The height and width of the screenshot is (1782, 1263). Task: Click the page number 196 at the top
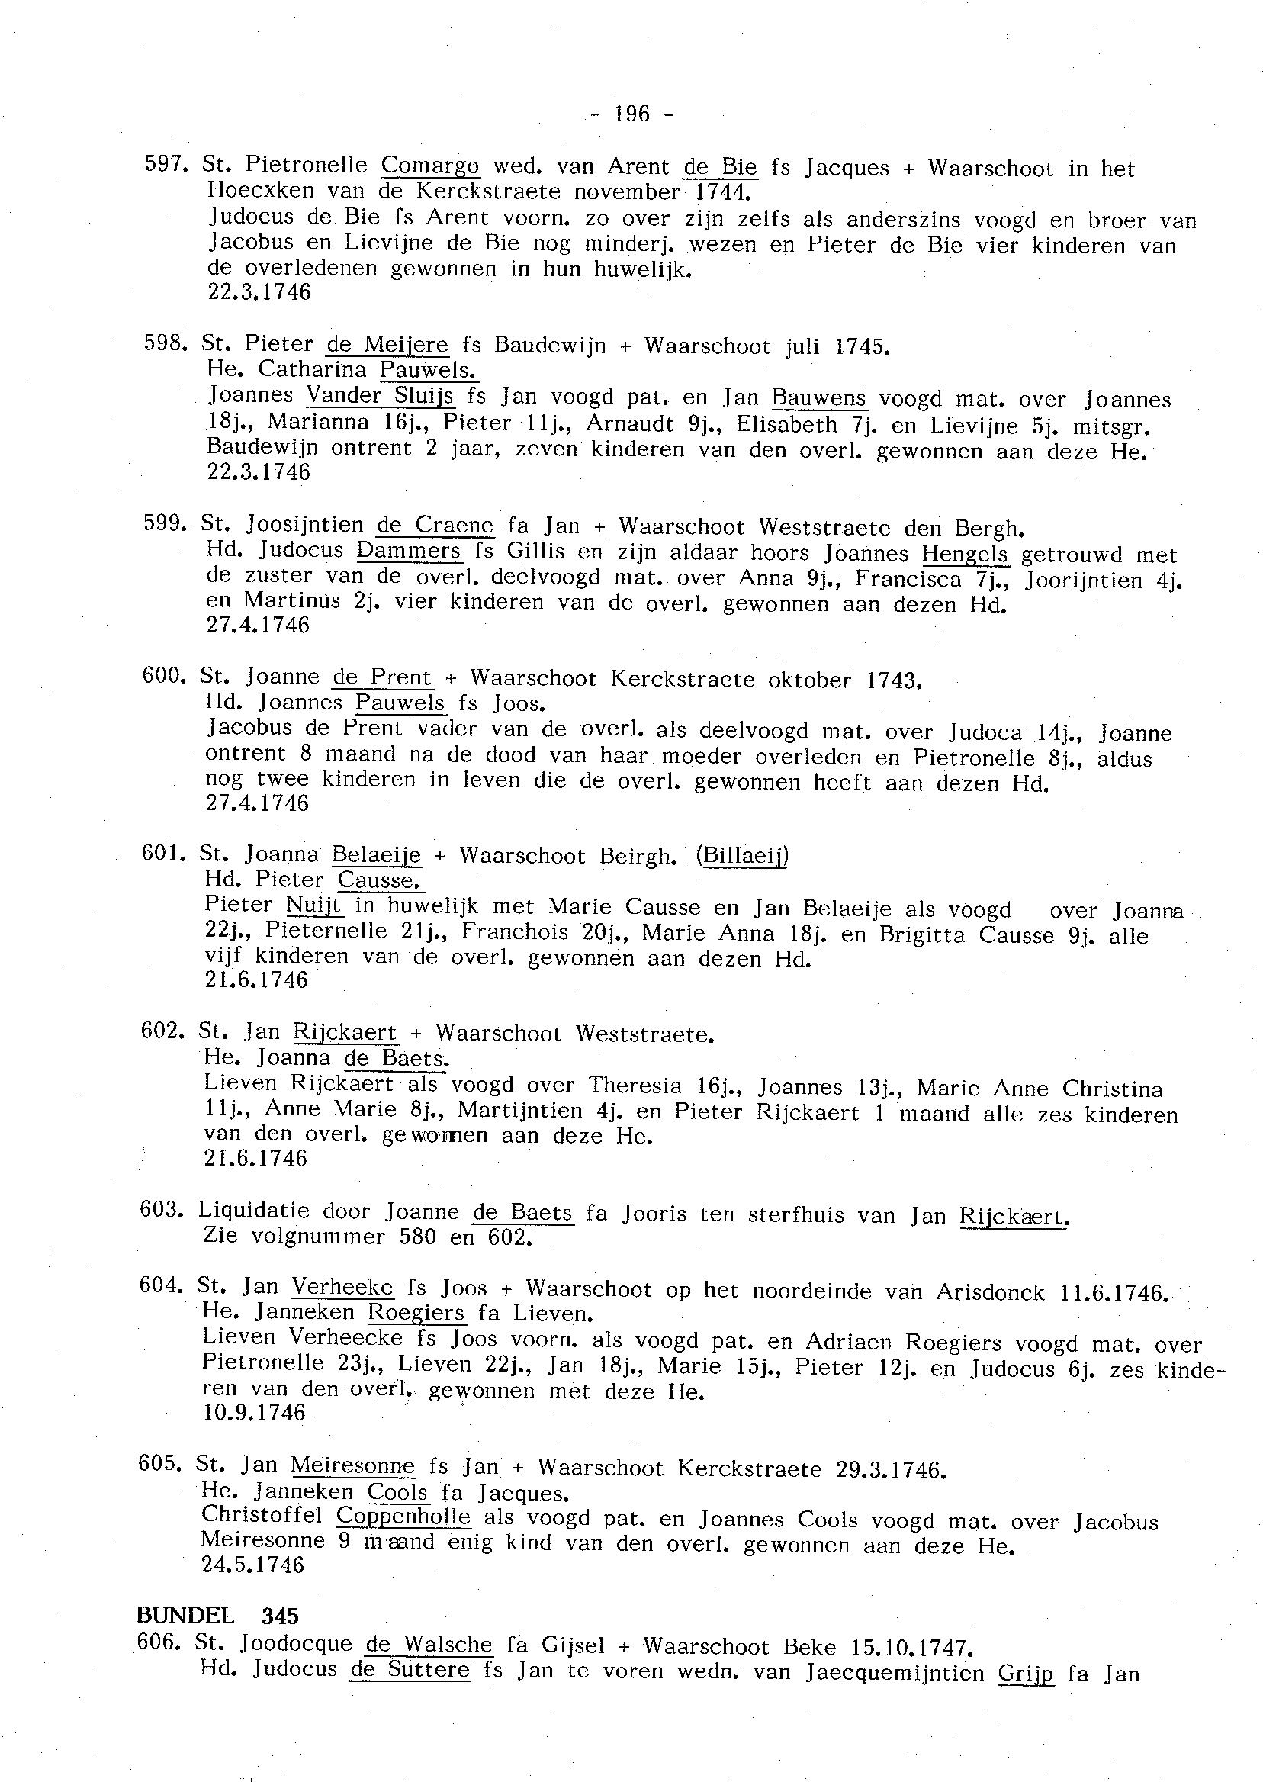(x=631, y=114)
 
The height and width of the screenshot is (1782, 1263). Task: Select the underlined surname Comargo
(x=430, y=165)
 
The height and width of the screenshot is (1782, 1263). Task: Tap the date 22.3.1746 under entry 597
(x=259, y=292)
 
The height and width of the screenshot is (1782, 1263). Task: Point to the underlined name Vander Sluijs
(x=380, y=396)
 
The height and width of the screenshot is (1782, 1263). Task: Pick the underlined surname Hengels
(x=965, y=555)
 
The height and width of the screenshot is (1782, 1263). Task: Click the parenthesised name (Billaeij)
(x=742, y=856)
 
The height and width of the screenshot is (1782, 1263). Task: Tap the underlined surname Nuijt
(x=314, y=905)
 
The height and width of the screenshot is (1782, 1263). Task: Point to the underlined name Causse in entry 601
(x=380, y=880)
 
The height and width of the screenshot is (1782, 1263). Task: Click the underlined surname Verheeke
(x=342, y=1288)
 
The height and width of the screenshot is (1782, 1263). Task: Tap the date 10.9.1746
(x=254, y=1413)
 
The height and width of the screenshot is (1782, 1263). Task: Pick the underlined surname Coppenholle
(x=403, y=1516)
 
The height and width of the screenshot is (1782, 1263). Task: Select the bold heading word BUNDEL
(x=185, y=1616)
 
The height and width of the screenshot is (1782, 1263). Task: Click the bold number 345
(x=280, y=1616)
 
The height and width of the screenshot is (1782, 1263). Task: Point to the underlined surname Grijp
(x=1026, y=1671)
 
